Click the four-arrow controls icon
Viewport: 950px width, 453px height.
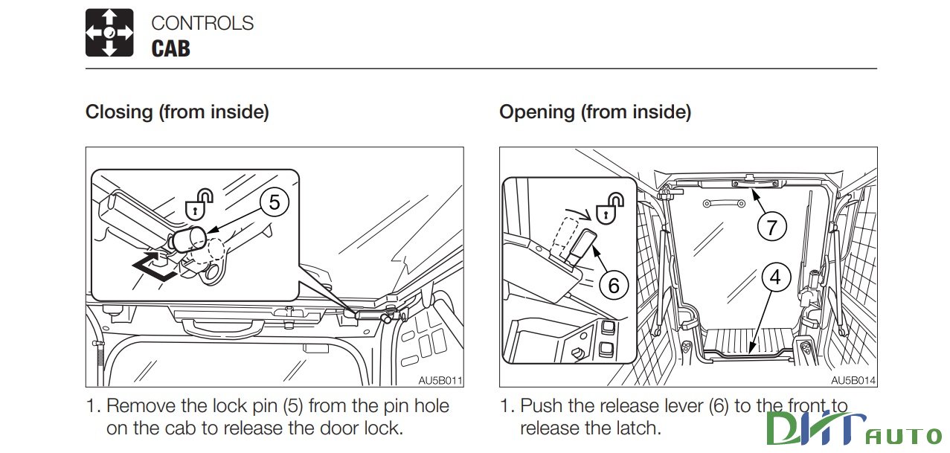[109, 33]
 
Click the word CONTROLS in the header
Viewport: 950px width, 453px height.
[202, 23]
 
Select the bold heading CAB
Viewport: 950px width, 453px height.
[170, 49]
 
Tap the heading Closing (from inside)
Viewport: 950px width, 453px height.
[177, 112]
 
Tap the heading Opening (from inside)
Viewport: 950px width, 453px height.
[594, 112]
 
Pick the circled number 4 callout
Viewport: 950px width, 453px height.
[775, 277]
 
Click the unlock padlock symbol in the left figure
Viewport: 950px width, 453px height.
[199, 204]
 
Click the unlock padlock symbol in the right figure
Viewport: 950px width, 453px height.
[612, 207]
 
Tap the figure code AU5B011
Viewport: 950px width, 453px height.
[440, 380]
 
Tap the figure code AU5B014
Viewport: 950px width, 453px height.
[853, 380]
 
